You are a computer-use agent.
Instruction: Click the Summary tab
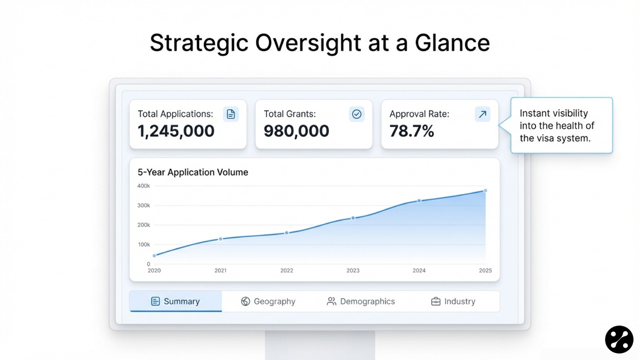175,301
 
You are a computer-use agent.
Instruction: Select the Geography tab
268,301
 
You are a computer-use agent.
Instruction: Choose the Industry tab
453,301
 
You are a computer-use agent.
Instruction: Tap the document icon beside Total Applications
230,114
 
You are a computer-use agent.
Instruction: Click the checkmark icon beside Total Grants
356,114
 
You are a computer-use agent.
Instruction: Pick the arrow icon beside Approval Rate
482,114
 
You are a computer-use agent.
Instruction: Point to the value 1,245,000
176,131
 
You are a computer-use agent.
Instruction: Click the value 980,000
296,131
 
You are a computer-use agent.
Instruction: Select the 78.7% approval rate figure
412,131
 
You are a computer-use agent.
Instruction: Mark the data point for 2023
353,218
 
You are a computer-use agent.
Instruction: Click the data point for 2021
220,239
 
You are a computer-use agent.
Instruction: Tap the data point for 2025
485,190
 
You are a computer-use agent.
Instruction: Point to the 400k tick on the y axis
143,186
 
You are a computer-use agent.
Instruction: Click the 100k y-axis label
143,244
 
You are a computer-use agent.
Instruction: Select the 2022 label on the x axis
286,270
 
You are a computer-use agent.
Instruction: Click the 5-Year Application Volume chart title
193,172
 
